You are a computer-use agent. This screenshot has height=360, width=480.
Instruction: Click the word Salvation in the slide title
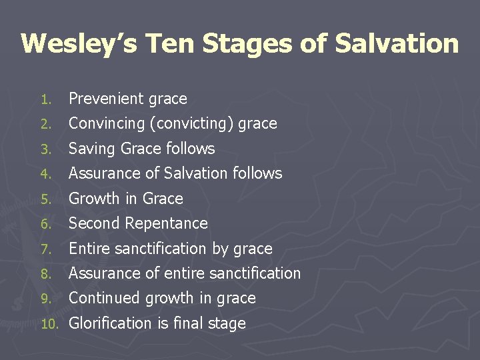pyautogui.click(x=397, y=43)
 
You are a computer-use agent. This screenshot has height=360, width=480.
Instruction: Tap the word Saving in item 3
pyautogui.click(x=90, y=149)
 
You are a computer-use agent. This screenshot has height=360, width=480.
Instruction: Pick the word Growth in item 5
pyautogui.click(x=91, y=199)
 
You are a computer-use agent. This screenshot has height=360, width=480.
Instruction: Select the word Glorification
pyautogui.click(x=111, y=323)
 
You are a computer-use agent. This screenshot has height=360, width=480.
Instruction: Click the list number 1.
pyautogui.click(x=45, y=99)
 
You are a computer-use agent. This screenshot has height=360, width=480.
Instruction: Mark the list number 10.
pyautogui.click(x=47, y=324)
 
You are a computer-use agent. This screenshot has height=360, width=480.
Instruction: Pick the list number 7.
pyautogui.click(x=45, y=249)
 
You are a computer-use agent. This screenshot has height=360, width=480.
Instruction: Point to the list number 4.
pyautogui.click(x=45, y=174)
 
